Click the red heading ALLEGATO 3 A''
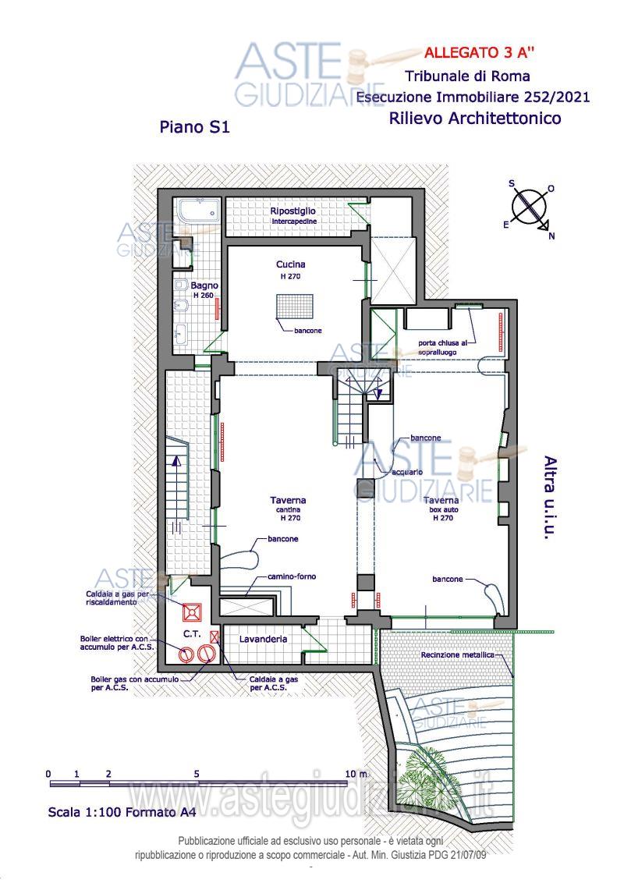(479, 53)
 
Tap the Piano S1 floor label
(194, 126)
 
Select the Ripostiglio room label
(292, 211)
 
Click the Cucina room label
(291, 264)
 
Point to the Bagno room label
(204, 285)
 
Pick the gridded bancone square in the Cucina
(295, 307)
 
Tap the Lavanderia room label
(263, 639)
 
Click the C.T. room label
(192, 633)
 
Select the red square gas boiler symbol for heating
(191, 612)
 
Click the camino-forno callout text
(292, 576)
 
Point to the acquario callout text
(407, 472)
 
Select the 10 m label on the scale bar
(356, 774)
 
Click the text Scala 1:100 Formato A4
(122, 812)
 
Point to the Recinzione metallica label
(457, 655)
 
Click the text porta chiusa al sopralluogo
(442, 347)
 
